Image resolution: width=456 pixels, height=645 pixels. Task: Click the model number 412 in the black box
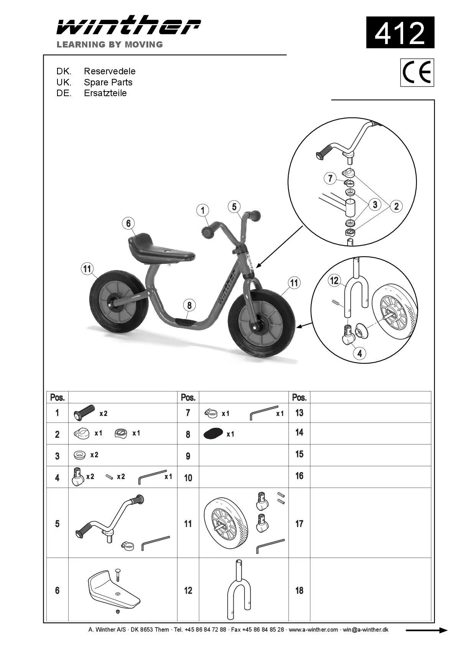point(400,33)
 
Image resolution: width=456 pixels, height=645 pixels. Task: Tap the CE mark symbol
point(417,72)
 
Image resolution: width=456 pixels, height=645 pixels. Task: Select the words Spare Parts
point(108,82)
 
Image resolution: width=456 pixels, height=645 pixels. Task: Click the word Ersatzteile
point(105,93)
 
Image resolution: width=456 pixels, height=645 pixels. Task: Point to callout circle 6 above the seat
point(128,223)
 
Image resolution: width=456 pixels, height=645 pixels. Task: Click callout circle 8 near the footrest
point(189,305)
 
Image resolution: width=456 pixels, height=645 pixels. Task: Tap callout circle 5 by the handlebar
point(234,207)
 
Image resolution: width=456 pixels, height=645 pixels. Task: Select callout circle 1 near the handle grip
point(203,210)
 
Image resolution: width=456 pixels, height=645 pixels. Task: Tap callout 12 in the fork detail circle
point(335,281)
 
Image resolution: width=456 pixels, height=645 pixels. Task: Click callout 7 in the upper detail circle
point(330,178)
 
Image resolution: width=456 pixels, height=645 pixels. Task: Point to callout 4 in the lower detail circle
point(359,353)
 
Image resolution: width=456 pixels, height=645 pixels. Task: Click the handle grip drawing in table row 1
point(84,413)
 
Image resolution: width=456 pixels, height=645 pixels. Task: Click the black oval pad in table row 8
point(213,434)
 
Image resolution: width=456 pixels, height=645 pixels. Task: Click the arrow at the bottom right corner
point(426,630)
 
